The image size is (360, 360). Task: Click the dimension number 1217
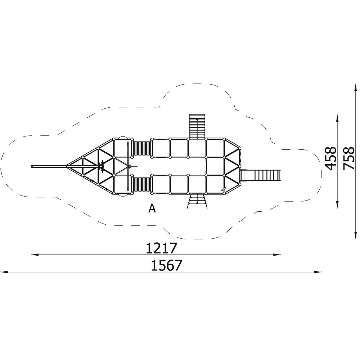161,248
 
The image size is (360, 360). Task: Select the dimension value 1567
166,265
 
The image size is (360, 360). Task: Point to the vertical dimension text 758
349,159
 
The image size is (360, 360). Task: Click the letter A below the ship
152,208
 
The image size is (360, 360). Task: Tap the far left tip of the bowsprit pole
32,166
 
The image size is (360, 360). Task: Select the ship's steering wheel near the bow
102,166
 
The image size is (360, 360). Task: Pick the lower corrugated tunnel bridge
142,184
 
